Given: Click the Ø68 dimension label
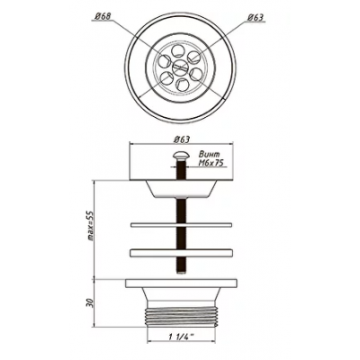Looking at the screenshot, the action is tap(103, 17).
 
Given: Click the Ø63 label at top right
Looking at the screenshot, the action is tap(256, 18).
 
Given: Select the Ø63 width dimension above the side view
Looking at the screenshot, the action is tap(182, 139).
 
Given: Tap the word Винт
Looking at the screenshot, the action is tap(210, 155).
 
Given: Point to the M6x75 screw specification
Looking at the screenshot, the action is tap(211, 163).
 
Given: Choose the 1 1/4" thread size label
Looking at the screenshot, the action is tap(181, 337).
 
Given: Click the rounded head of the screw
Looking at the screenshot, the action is tap(181, 156).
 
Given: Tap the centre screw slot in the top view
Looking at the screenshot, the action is tap(180, 67).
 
